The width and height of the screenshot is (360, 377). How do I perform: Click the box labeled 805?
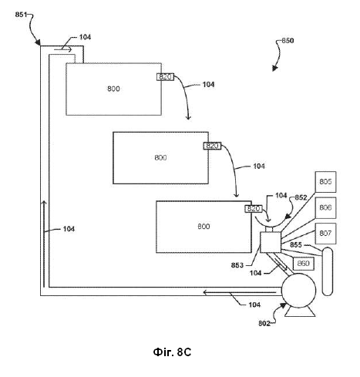[325, 182]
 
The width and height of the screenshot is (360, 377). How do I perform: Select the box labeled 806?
[325, 207]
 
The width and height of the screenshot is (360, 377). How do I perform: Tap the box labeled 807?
[325, 234]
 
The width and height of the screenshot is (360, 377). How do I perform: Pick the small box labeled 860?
[304, 264]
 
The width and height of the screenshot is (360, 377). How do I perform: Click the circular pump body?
[298, 291]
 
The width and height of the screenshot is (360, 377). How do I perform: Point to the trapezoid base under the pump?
[300, 312]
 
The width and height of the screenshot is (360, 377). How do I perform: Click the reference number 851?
[21, 15]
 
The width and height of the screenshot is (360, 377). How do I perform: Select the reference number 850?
[288, 41]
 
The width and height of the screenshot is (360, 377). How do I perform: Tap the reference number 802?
[264, 323]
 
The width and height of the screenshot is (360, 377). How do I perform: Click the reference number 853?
[237, 265]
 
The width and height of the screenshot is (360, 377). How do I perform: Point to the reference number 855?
[296, 245]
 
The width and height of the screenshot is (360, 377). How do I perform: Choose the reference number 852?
[301, 197]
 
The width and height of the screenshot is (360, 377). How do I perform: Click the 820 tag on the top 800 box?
[166, 77]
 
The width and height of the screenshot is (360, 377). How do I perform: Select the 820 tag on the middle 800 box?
[212, 146]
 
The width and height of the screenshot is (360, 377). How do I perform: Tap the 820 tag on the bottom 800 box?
[254, 209]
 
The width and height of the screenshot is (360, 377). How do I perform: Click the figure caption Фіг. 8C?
[172, 352]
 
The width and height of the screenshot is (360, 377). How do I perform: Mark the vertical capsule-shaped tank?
[328, 271]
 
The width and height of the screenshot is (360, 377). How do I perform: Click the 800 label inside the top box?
[113, 89]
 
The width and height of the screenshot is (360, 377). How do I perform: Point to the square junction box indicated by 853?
[271, 242]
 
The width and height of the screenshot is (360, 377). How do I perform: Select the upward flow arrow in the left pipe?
[44, 244]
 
